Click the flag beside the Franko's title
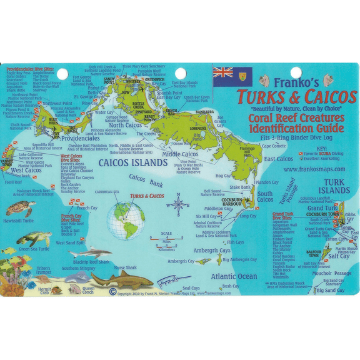point(232,76)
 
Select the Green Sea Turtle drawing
point(34,239)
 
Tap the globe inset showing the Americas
point(125,218)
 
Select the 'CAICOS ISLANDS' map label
point(134,162)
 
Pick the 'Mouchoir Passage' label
point(332,272)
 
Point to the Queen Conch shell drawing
point(74,290)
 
